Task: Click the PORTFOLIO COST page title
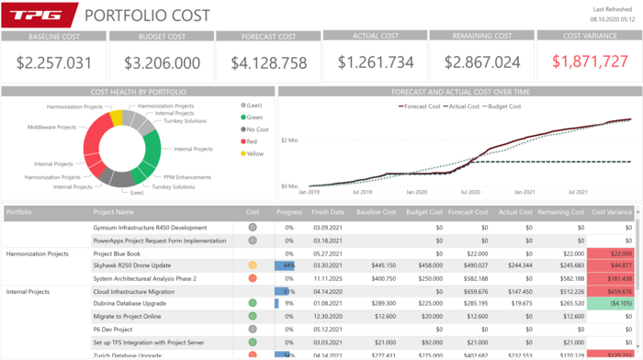tap(147, 16)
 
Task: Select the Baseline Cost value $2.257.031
tap(54, 62)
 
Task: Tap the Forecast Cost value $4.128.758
tap(268, 62)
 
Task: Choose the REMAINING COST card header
tap(481, 37)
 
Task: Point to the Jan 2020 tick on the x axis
tap(415, 193)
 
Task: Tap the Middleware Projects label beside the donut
tap(52, 127)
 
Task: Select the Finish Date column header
tap(328, 212)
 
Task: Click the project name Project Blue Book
tap(117, 253)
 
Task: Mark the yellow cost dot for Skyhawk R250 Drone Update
tap(253, 265)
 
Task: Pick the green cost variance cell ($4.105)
tap(612, 303)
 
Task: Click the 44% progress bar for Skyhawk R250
tap(285, 265)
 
